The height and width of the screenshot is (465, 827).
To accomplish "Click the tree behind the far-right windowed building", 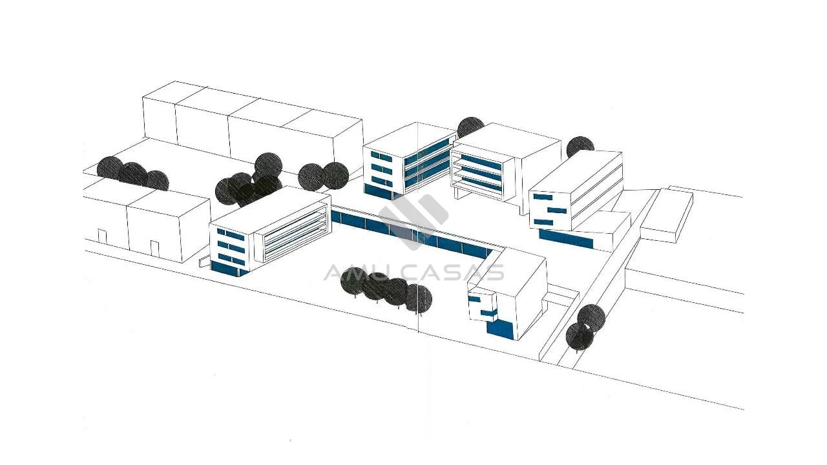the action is (580, 147).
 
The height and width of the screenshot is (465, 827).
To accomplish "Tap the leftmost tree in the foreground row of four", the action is (355, 282).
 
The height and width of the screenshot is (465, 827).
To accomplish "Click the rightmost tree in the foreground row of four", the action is (419, 298).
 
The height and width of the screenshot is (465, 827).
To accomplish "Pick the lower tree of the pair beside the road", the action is (580, 336).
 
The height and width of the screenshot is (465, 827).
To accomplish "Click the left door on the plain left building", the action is (102, 236).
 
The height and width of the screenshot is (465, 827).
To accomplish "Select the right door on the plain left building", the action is (154, 248).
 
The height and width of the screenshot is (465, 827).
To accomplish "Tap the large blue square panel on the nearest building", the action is (500, 330).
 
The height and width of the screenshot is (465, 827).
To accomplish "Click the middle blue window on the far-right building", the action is (557, 211).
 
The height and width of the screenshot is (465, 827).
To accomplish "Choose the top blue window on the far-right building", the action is (543, 197).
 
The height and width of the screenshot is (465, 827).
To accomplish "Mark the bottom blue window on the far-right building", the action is (543, 222).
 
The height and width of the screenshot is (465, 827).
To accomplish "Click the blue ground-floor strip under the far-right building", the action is (566, 239).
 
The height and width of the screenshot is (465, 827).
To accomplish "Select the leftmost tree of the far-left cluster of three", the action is (110, 170).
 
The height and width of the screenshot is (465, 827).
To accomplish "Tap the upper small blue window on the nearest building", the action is (474, 298).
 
